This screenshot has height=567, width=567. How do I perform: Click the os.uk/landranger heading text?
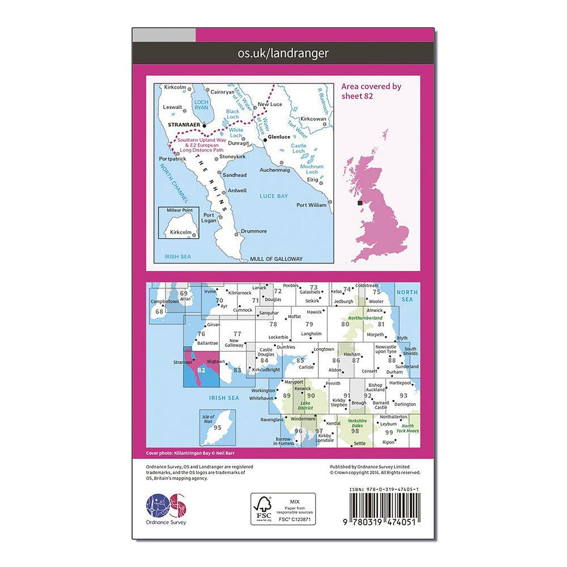pos(283,53)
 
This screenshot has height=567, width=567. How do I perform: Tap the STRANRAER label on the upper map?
pos(183,125)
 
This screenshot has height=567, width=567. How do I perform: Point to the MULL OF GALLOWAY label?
pos(276,259)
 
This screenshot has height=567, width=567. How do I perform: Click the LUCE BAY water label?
pos(272,195)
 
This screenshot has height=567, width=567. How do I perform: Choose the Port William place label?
pos(312,205)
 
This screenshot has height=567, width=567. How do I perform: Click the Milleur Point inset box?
pos(179,223)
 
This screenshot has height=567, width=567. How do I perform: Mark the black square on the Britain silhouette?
pos(360,203)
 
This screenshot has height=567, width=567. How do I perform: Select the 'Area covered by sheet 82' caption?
pos(372,91)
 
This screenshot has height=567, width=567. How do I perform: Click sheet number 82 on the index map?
pos(201,370)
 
